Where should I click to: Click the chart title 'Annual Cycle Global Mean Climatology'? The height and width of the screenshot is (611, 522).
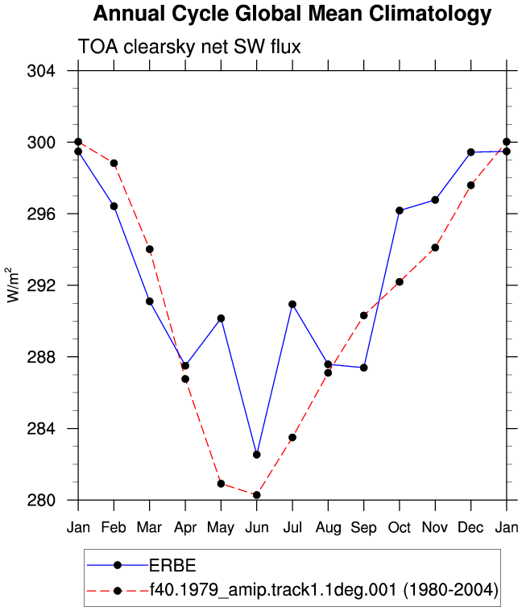click(292, 14)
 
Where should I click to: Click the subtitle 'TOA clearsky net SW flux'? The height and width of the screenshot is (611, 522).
click(189, 47)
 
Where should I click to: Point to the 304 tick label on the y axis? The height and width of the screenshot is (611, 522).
click(41, 71)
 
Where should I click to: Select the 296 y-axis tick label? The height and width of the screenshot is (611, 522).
click(41, 214)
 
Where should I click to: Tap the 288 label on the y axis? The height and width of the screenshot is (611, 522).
click(41, 357)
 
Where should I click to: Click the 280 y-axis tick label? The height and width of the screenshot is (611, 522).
click(41, 500)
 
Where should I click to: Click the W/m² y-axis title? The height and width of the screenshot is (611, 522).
click(12, 285)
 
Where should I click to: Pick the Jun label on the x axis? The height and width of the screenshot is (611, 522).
click(257, 528)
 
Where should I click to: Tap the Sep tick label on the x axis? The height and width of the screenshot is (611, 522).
click(364, 528)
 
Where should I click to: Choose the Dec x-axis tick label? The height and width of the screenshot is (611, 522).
click(470, 528)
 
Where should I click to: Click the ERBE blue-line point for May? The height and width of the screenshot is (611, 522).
click(221, 318)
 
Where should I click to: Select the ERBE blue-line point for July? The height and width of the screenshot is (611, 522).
click(292, 305)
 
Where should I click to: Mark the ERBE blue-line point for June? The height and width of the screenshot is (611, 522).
click(257, 455)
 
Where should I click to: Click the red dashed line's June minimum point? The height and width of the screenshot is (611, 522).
click(257, 495)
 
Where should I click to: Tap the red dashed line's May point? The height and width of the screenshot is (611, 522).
click(221, 484)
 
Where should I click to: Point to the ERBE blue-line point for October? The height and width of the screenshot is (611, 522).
click(400, 210)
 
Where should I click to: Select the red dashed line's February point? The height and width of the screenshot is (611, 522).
click(114, 164)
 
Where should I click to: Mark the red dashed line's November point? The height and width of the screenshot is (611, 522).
click(435, 247)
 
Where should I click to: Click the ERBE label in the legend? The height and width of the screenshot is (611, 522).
click(172, 565)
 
